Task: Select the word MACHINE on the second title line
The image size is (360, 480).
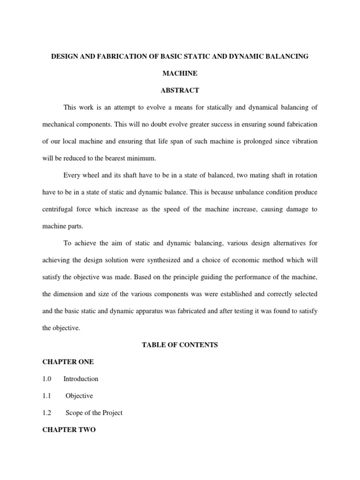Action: click(x=180, y=74)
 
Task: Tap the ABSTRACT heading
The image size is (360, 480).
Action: click(x=180, y=90)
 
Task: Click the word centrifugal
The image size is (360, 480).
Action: click(x=59, y=209)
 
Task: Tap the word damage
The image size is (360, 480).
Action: click(x=295, y=209)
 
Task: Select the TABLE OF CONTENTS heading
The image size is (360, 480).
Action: click(x=180, y=345)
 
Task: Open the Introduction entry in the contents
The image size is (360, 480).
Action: click(x=81, y=379)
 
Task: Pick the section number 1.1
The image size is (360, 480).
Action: click(x=47, y=396)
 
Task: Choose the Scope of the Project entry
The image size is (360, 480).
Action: click(x=94, y=413)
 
